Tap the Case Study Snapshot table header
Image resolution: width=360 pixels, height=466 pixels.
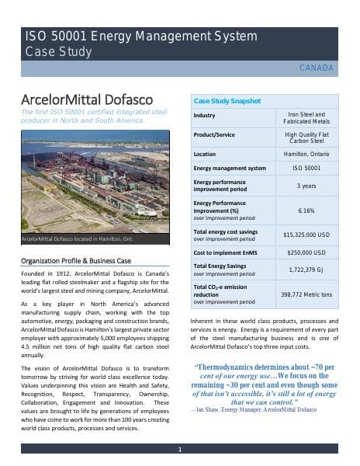[227, 101]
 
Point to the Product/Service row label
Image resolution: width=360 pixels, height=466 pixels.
[215, 135]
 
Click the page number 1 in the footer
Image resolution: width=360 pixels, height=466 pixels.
[179, 449]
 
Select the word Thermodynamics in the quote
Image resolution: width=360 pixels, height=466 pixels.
[232, 367]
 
